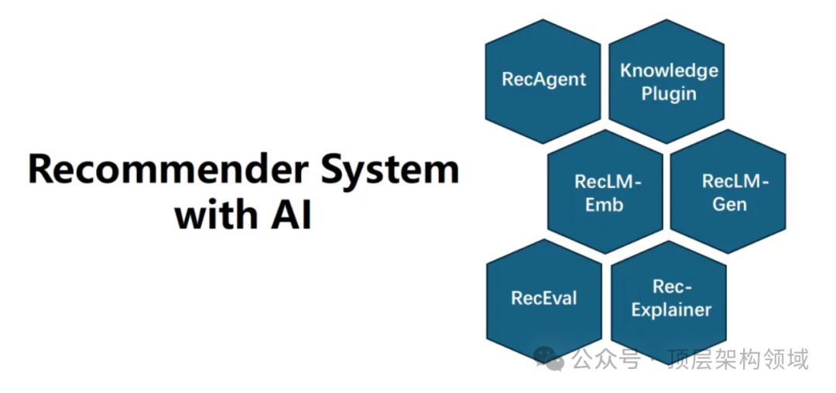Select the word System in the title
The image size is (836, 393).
[x=391, y=170]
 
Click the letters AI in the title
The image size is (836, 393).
[x=290, y=216]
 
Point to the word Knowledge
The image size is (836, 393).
[x=669, y=71]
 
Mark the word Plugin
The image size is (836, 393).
[x=669, y=94]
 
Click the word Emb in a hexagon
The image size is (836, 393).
[x=605, y=205]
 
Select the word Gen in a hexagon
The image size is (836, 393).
[x=729, y=204]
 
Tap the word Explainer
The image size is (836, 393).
[x=671, y=310]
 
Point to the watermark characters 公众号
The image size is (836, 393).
[x=606, y=360]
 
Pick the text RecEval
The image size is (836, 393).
[x=544, y=299]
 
